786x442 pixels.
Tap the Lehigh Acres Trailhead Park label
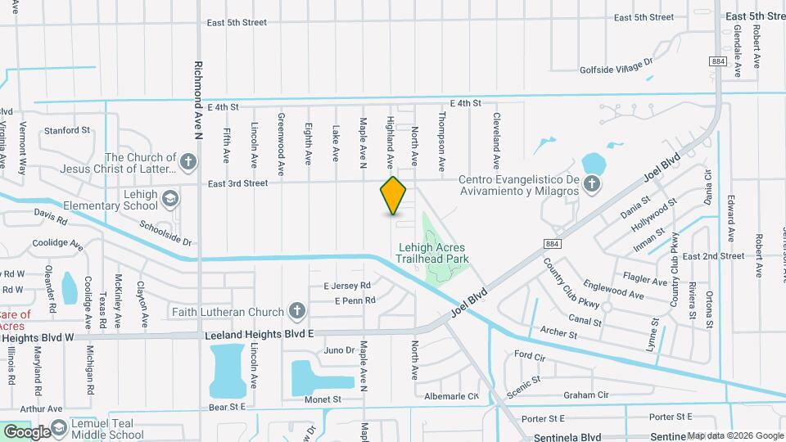(434, 252)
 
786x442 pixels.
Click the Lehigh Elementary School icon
(169, 197)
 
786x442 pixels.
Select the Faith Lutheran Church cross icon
(296, 311)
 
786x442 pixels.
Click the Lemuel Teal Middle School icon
(59, 431)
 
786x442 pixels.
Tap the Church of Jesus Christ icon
(188, 161)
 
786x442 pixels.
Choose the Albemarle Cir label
(451, 396)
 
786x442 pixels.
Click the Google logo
(26, 431)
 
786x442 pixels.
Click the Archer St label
(558, 331)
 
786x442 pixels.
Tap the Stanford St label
(67, 130)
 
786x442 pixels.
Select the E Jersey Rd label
(347, 286)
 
